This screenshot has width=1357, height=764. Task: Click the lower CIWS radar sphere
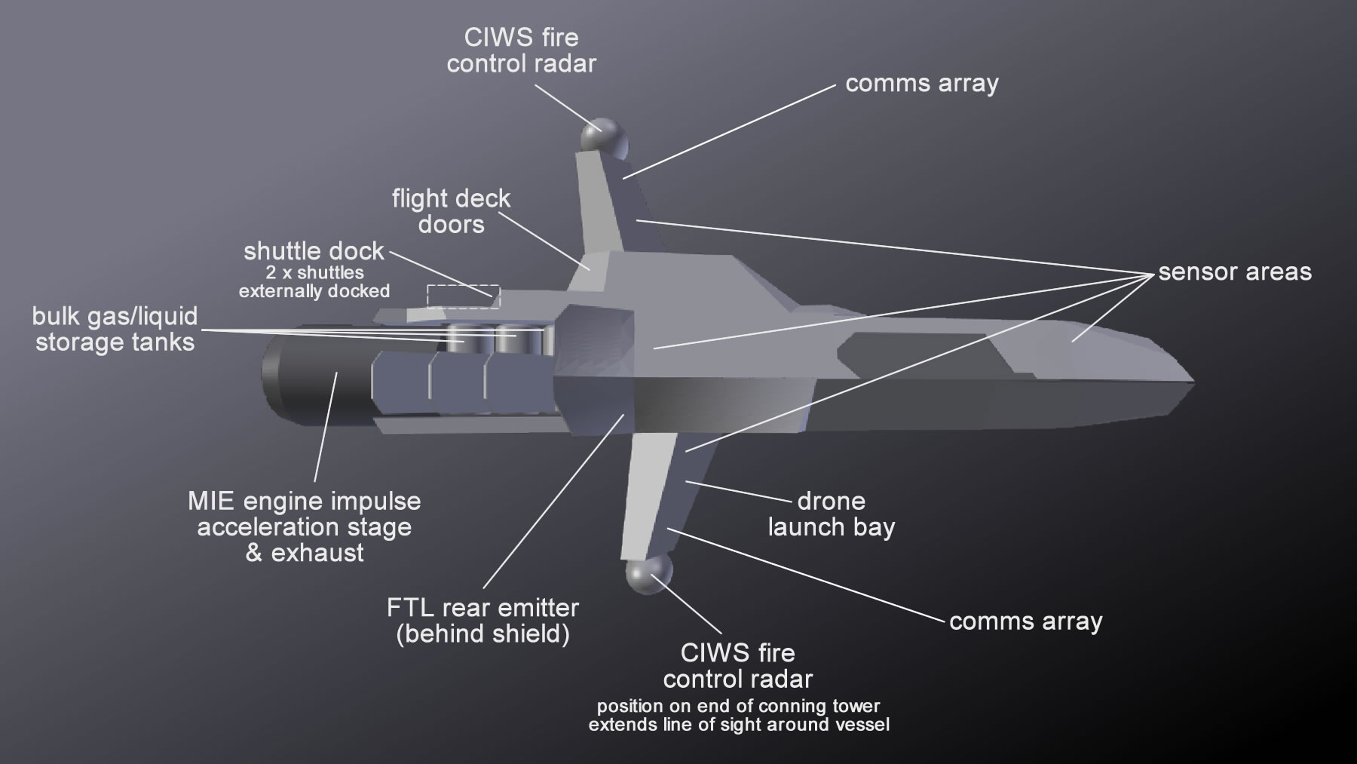click(x=648, y=575)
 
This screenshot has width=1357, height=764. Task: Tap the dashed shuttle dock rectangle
click(x=464, y=296)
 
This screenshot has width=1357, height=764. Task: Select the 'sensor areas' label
click(x=1235, y=272)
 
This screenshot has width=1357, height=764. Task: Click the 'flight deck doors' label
click(x=451, y=212)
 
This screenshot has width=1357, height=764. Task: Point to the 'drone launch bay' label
click(x=831, y=514)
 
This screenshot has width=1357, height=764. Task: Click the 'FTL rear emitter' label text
click(x=482, y=608)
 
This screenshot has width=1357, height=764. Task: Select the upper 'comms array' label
click(x=921, y=83)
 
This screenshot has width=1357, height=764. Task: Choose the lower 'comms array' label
click(x=1025, y=621)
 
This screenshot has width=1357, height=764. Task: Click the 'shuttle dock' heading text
click(x=314, y=251)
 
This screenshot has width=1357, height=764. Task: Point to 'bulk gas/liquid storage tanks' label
click(x=115, y=329)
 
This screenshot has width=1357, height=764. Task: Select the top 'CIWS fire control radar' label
click(x=521, y=51)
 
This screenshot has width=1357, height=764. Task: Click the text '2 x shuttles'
click(x=314, y=272)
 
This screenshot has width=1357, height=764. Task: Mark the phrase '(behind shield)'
click(x=482, y=634)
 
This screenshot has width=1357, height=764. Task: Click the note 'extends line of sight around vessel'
click(x=739, y=726)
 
